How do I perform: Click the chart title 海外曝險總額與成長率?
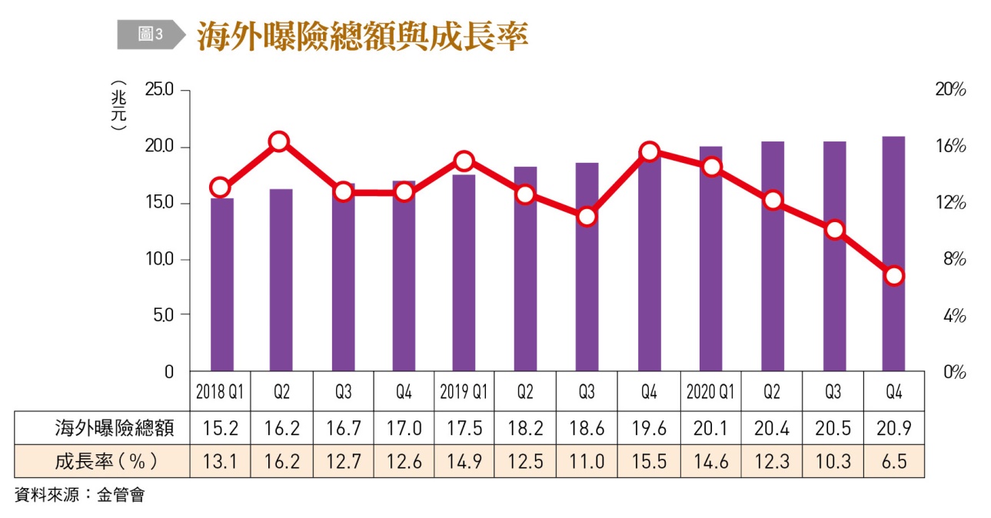[x=362, y=36]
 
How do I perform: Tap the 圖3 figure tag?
[x=150, y=35]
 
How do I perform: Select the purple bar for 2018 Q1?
[x=222, y=284]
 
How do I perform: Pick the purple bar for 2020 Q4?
[x=893, y=254]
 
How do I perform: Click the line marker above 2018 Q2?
[x=279, y=141]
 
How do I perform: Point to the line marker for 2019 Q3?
[x=587, y=217]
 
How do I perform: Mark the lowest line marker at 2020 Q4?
[x=893, y=276]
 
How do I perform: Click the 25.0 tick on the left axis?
[x=160, y=91]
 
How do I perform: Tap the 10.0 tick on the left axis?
[x=160, y=260]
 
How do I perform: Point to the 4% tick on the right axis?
[x=952, y=316]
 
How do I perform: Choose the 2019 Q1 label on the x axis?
[x=464, y=392]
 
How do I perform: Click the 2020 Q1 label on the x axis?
[x=710, y=392]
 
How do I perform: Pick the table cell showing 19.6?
[x=648, y=428]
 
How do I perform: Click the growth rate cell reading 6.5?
[x=893, y=461]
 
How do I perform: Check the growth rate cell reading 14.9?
[x=464, y=461]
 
